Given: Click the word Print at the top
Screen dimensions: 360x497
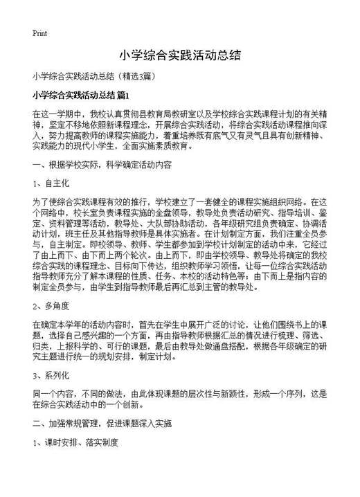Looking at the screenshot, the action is pyautogui.click(x=39, y=33).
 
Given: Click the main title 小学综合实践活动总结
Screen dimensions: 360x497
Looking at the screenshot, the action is pyautogui.click(x=179, y=55).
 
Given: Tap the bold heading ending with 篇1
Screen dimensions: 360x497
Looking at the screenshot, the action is pyautogui.click(x=80, y=93).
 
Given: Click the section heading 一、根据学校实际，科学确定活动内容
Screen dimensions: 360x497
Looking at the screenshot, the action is pyautogui.click(x=102, y=165).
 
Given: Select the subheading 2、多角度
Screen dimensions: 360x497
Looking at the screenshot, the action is pyautogui.click(x=51, y=305).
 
